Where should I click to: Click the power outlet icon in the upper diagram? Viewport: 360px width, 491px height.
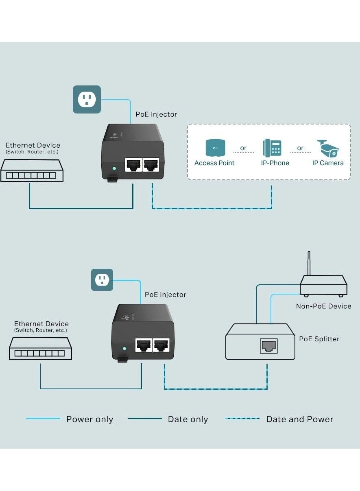[87, 99]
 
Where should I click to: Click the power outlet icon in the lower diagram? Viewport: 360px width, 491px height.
[102, 280]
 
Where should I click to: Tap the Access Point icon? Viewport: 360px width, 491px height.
[214, 148]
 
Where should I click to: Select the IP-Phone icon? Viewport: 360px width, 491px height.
[272, 148]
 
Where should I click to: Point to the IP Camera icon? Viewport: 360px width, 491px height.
[328, 148]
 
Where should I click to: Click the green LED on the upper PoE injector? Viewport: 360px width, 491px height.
[114, 168]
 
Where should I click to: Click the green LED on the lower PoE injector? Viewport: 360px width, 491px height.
[125, 349]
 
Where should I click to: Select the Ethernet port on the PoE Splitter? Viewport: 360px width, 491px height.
[268, 346]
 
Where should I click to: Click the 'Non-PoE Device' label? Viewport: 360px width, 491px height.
[323, 306]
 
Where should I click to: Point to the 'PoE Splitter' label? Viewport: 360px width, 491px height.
[319, 339]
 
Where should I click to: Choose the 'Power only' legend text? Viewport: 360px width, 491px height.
[89, 419]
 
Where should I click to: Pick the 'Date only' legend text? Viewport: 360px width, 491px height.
[188, 419]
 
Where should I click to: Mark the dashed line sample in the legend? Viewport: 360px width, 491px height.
[242, 419]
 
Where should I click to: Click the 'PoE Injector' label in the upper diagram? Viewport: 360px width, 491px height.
[156, 114]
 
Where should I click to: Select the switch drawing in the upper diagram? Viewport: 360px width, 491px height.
[32, 171]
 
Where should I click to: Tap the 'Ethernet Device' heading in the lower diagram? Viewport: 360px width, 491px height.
[41, 324]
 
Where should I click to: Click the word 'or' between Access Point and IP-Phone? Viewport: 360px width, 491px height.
[243, 148]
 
